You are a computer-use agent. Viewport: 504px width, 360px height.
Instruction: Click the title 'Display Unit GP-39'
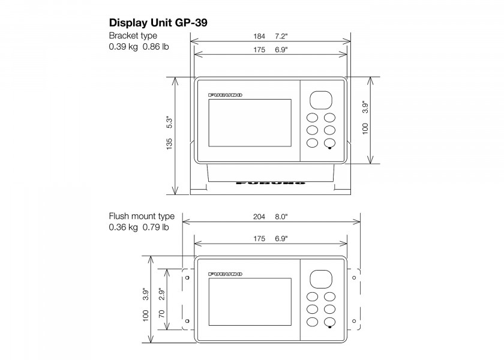pos(158,23)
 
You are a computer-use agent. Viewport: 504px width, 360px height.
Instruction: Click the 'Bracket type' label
pos(133,35)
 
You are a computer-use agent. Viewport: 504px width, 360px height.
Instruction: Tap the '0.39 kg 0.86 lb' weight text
pos(139,47)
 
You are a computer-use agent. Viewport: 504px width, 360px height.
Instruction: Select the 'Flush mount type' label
pos(142,216)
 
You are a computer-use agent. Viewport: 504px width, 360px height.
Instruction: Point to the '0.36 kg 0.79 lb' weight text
pos(139,227)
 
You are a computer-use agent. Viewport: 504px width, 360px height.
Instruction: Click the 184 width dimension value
pos(259,37)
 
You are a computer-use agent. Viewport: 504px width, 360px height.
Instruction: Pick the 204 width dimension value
pos(259,217)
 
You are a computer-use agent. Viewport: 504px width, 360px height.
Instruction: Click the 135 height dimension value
pos(169,143)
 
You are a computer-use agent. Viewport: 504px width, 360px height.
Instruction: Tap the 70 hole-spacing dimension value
pos(161,314)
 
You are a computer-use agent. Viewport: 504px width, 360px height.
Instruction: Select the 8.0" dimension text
pos(281,217)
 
